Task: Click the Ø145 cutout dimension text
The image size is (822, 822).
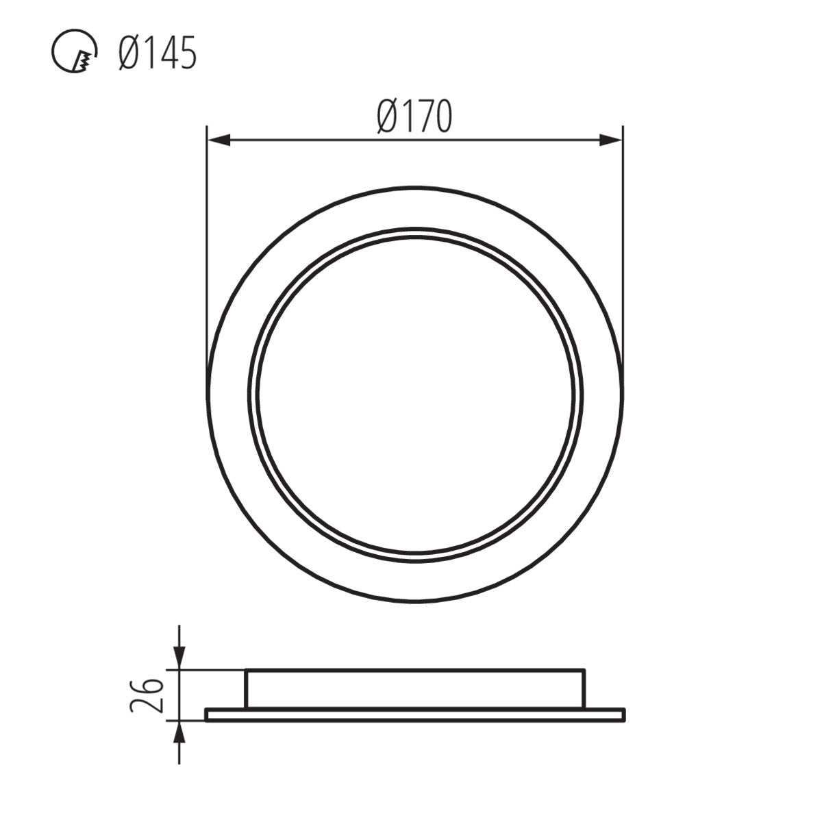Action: pyautogui.click(x=157, y=53)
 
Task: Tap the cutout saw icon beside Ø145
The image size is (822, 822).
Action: pyautogui.click(x=75, y=54)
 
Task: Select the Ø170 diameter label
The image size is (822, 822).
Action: pyautogui.click(x=415, y=117)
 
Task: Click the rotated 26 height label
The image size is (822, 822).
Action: pyautogui.click(x=145, y=695)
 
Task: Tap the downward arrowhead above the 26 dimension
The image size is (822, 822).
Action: pyautogui.click(x=179, y=660)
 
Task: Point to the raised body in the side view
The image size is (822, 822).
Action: pyautogui.click(x=415, y=688)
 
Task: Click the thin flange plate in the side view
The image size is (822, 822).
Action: pyautogui.click(x=415, y=714)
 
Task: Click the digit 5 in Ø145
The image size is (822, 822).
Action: pyautogui.click(x=186, y=53)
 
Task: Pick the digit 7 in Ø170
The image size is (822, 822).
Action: pyautogui.click(x=419, y=117)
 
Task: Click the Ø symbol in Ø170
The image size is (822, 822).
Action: pyautogui.click(x=388, y=117)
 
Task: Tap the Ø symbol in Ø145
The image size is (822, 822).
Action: pyautogui.click(x=129, y=53)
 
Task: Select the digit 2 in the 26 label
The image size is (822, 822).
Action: pyautogui.click(x=145, y=706)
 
